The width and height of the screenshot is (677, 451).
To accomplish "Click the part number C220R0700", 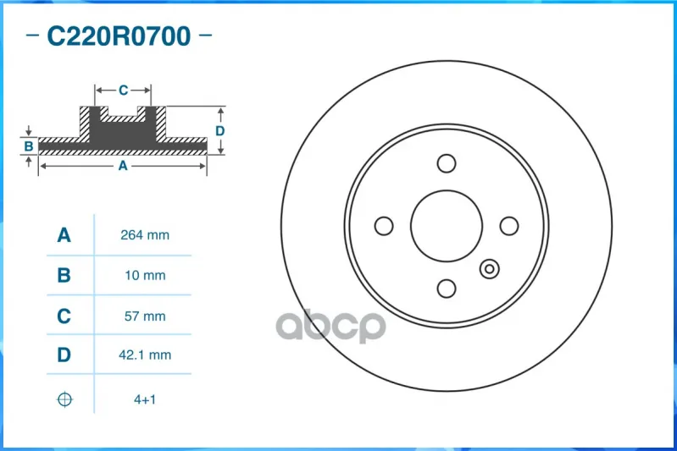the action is tap(119, 36).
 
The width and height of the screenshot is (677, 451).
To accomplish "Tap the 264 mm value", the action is tap(145, 235).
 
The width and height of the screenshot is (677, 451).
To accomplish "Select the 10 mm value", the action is tap(145, 275).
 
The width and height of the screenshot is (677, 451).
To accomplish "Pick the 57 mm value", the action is tap(145, 316).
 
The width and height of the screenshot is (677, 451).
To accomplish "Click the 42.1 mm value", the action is tap(145, 355).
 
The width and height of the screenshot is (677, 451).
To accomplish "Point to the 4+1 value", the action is tap(145, 399).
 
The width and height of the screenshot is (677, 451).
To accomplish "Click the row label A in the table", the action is tap(64, 235).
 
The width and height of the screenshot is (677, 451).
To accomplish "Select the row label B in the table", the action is tap(64, 275).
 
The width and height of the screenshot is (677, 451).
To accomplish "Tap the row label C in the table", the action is tap(64, 316).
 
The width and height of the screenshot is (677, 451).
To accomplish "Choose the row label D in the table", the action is tap(64, 355).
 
